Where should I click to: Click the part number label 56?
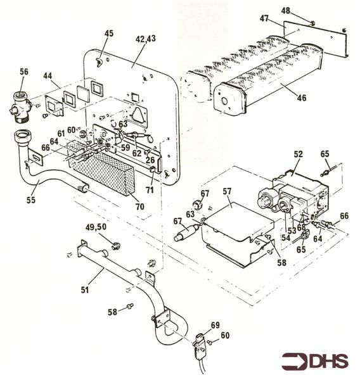24,72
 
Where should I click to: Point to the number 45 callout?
110,34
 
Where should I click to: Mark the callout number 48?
304,11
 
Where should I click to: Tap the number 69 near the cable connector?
215,325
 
